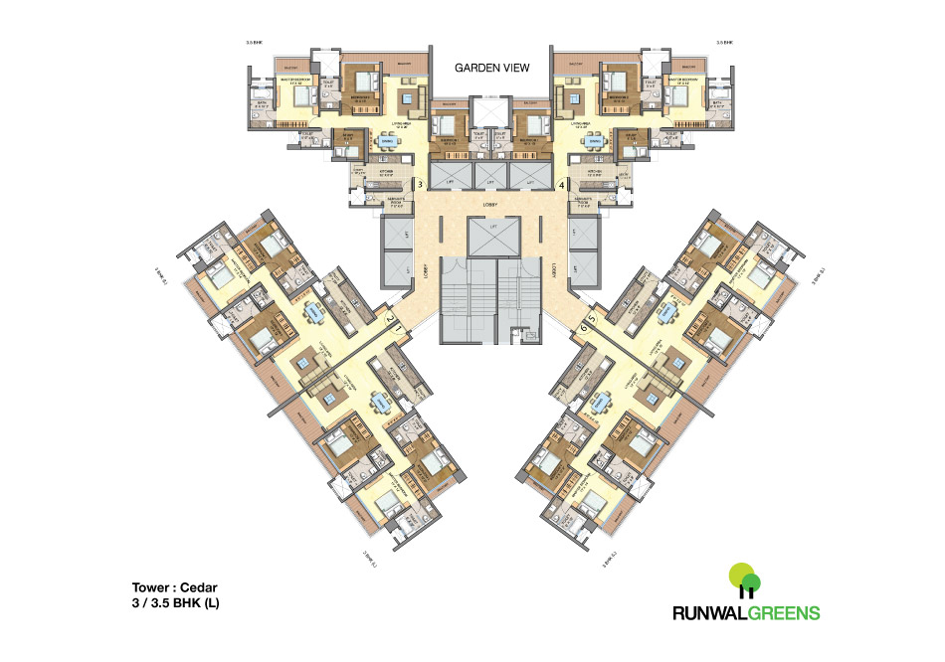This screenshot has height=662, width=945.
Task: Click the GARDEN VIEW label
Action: pyautogui.click(x=491, y=68)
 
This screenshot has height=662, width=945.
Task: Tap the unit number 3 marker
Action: pyautogui.click(x=421, y=184)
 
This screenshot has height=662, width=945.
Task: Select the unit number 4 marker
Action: pyautogui.click(x=562, y=184)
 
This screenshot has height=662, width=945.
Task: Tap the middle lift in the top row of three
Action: pyautogui.click(x=491, y=175)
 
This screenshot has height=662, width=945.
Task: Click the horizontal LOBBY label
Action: pyautogui.click(x=491, y=205)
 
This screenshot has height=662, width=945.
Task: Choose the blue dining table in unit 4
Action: pyautogui.click(x=595, y=142)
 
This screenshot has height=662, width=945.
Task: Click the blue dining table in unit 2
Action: pyautogui.click(x=314, y=312)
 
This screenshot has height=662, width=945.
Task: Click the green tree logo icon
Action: pyautogui.click(x=744, y=579)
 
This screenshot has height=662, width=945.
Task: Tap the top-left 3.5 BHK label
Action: pyautogui.click(x=256, y=43)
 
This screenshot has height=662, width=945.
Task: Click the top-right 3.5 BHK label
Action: pyautogui.click(x=724, y=43)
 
